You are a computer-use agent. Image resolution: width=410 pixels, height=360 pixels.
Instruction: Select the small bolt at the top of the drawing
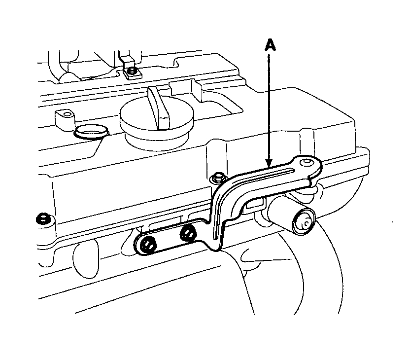pyautogui.click(x=131, y=72)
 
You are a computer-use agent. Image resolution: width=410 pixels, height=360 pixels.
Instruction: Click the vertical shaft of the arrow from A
pyautogui.click(x=269, y=108)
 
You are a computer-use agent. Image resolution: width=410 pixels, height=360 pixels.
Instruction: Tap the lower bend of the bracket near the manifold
pyautogui.click(x=217, y=242)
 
